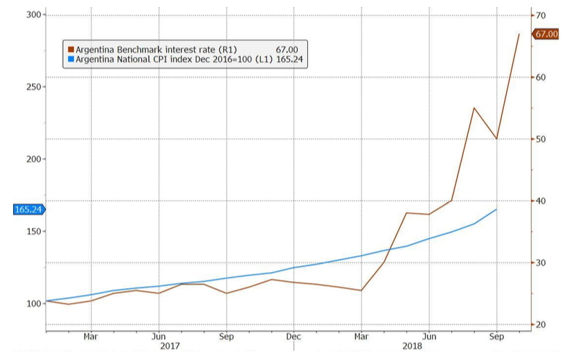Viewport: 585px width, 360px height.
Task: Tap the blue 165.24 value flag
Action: pos(28,209)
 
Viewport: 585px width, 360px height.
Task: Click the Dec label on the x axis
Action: pos(294,336)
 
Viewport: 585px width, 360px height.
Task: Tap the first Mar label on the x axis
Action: pos(91,336)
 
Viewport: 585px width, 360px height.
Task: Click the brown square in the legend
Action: pos(70,50)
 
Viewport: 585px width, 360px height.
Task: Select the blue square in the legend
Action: pos(70,60)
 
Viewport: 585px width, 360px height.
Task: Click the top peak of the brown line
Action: pos(519,33)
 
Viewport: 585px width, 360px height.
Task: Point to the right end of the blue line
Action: pos(496,209)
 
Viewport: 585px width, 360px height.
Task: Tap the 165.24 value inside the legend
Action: pos(287,60)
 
